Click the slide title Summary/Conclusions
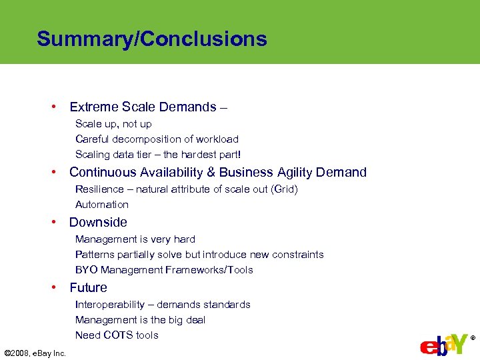pyautogui.click(x=152, y=39)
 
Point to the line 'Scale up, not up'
pyautogui.click(x=113, y=124)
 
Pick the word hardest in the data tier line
pyautogui.click(x=214, y=155)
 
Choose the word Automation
pyautogui.click(x=102, y=205)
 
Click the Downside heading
pyautogui.click(x=98, y=222)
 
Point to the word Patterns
pyautogui.click(x=95, y=255)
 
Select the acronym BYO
pyautogui.click(x=86, y=270)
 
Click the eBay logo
pyautogui.click(x=443, y=345)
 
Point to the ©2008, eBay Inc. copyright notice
pyautogui.click(x=35, y=353)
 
